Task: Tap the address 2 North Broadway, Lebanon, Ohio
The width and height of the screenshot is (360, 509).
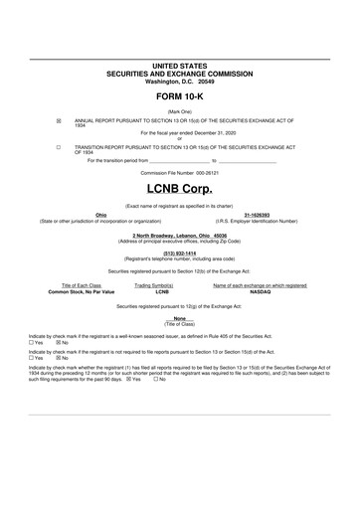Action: pos(180,235)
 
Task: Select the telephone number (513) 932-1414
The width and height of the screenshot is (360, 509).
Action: pos(180,253)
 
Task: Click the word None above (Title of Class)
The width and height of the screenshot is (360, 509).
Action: pos(180,318)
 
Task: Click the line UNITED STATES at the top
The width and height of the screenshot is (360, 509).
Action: pos(180,65)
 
